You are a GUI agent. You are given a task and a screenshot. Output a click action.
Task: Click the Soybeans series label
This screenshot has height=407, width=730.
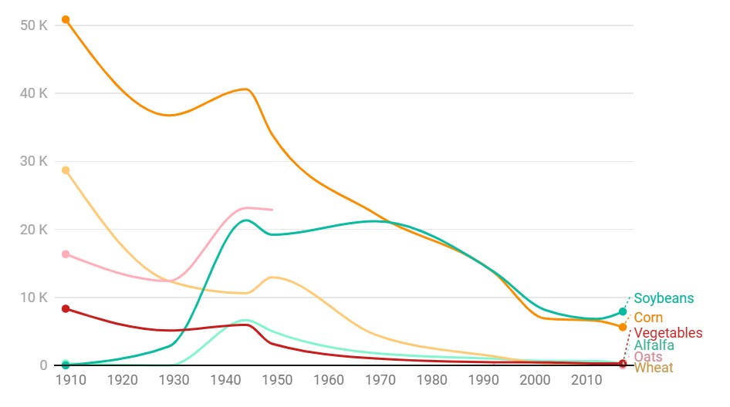coord(664,298)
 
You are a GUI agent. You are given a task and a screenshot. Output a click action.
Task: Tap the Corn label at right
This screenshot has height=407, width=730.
coord(648,318)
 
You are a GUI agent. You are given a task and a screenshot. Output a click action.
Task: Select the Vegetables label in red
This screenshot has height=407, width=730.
coord(668,333)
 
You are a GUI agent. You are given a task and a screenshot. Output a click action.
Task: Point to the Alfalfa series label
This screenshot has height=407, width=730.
coord(654,345)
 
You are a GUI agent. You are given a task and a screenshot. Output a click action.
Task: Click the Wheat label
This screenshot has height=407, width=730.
coord(653,368)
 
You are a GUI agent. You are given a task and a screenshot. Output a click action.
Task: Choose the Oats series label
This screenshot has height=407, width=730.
coord(647,357)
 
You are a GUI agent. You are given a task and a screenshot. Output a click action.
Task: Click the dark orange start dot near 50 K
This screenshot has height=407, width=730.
coord(66,19)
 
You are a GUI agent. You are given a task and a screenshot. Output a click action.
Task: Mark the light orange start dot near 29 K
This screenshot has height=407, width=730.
coord(66,170)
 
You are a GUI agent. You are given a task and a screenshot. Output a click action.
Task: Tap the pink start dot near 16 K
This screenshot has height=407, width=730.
coord(66,254)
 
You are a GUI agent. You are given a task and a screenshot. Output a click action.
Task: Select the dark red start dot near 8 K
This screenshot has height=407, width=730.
coord(66,309)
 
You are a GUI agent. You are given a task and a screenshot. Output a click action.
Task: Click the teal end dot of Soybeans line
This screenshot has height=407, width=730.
coord(623,311)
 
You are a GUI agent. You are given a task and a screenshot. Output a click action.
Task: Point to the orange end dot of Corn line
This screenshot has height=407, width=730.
coord(623,327)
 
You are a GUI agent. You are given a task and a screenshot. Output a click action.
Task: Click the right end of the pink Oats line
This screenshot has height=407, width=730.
coord(272,210)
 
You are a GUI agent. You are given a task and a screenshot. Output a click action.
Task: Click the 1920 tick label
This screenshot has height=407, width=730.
coord(122,380)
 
